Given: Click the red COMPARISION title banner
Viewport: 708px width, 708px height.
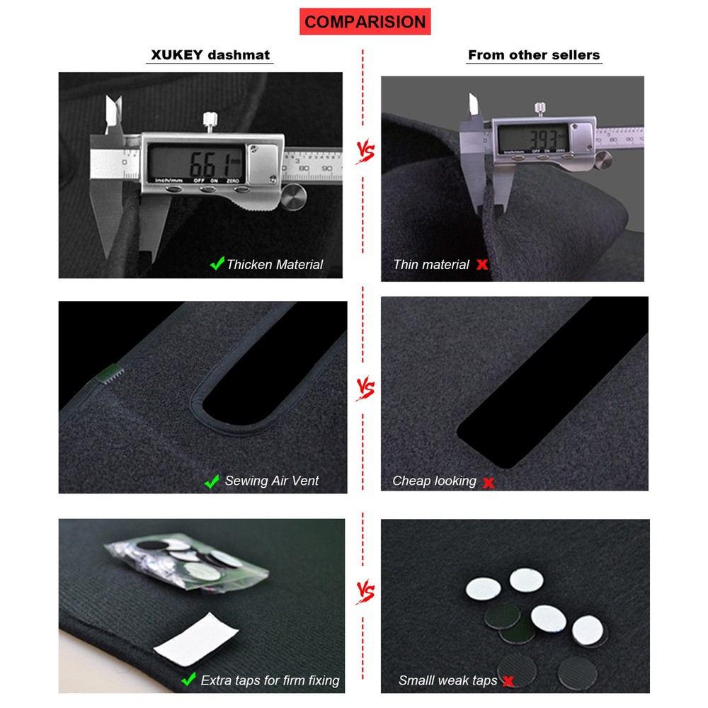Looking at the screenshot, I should click(x=365, y=21).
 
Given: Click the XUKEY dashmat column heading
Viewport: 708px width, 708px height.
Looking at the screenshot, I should click(x=211, y=55).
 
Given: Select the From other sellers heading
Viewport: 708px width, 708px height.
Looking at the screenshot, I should click(x=534, y=55).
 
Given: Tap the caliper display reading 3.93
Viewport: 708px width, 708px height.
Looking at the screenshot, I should click(x=532, y=136).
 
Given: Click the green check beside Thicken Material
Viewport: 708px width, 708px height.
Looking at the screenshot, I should click(x=217, y=264).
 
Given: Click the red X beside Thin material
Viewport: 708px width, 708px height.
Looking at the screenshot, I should click(x=482, y=265).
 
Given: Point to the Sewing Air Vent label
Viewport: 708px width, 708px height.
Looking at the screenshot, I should click(x=272, y=481).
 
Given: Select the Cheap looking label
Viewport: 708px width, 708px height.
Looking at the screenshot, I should click(x=435, y=481).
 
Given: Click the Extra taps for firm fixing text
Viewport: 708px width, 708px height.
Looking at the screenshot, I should click(x=270, y=680).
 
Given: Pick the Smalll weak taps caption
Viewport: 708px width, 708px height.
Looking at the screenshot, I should click(x=447, y=680).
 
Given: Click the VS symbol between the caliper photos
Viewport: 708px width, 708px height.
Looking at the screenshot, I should click(x=364, y=152).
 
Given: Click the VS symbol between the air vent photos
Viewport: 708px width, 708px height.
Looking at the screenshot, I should click(x=364, y=389).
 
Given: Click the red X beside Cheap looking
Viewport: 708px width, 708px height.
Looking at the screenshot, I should click(x=488, y=483).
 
